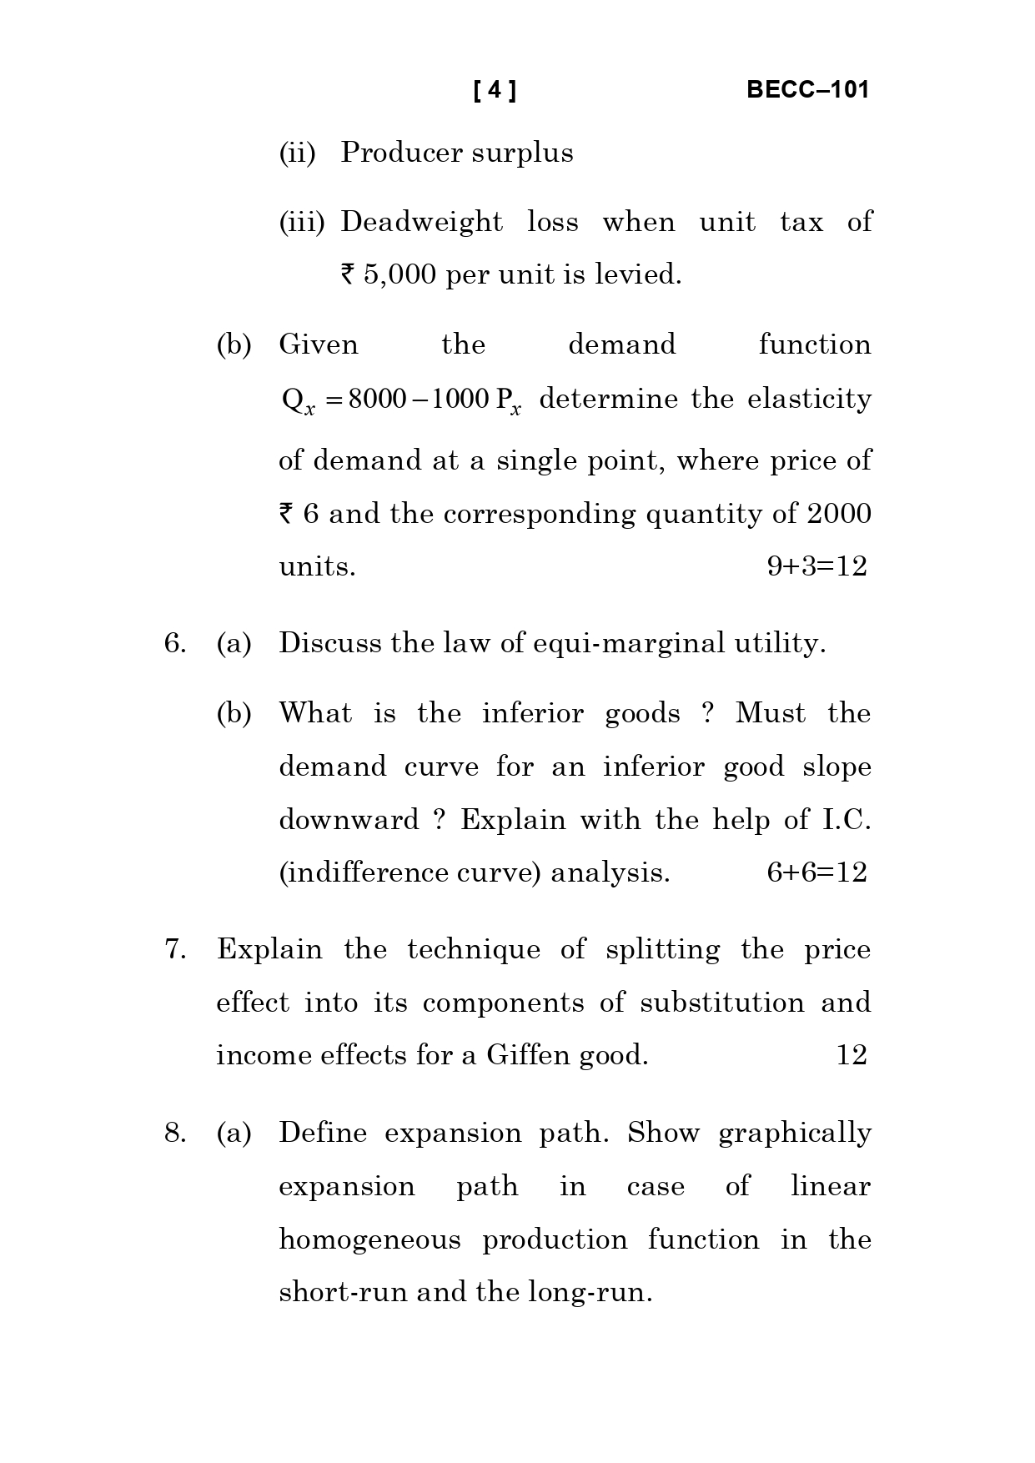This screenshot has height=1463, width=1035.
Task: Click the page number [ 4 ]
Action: coord(495,90)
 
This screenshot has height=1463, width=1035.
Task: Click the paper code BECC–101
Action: coord(807,90)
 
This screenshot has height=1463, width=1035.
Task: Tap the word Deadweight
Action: coord(422,222)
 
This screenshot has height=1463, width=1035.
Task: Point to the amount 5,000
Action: coord(399,274)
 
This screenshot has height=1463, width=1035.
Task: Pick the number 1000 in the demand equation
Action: coord(460,399)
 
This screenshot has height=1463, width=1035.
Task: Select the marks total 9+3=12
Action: coord(816,566)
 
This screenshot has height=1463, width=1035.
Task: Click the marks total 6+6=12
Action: coord(816,872)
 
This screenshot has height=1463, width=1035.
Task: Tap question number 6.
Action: coord(174,643)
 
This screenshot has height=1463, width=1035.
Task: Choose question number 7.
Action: coord(174,949)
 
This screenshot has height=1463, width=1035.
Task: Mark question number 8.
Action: coord(174,1133)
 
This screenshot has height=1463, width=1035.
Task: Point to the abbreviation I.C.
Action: coord(847,820)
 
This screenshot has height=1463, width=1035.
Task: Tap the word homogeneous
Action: coord(369,1239)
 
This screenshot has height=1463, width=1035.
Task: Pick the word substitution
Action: coord(722,1003)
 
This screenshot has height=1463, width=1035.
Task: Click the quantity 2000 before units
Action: coord(839,514)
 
